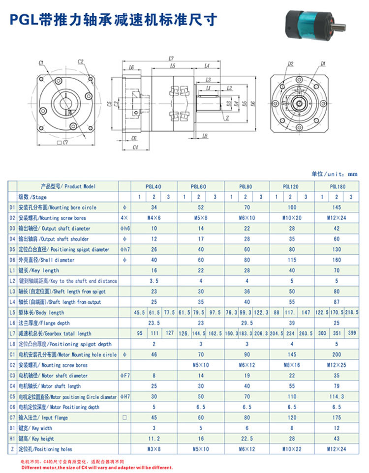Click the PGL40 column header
tap(154, 187)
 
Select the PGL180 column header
tap(338, 187)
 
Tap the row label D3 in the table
tap(12, 228)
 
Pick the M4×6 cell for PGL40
tap(154, 218)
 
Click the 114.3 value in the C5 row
tap(338, 396)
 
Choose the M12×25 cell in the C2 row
tap(338, 365)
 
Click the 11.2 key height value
tap(154, 439)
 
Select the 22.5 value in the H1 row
tap(246, 439)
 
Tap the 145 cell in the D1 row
tap(338, 207)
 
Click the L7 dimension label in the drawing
tap(171, 59)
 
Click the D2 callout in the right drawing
tap(290, 64)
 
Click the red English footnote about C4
tap(96, 468)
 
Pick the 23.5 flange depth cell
tap(154, 323)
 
